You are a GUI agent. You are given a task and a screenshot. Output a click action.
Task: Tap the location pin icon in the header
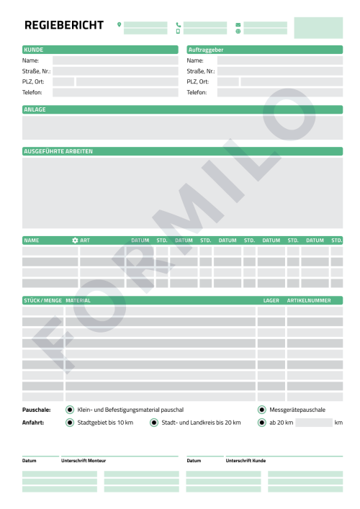click(x=120, y=24)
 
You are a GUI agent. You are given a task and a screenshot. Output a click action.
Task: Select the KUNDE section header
click(x=34, y=50)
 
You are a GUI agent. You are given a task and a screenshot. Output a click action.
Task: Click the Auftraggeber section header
click(x=205, y=50)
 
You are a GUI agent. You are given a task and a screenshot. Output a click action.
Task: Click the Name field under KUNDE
click(x=114, y=60)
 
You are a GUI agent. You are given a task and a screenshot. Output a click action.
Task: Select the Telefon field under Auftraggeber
click(x=280, y=93)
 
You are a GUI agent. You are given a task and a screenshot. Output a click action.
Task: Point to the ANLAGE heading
click(x=35, y=109)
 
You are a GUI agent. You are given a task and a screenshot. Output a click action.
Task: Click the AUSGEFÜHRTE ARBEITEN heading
click(x=58, y=151)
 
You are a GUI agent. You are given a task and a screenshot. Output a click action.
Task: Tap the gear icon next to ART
click(x=75, y=240)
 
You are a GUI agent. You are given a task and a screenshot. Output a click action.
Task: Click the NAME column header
click(x=32, y=240)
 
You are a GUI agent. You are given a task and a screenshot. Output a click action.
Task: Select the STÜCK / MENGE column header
click(x=42, y=299)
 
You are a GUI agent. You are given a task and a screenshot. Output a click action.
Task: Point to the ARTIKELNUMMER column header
click(x=309, y=299)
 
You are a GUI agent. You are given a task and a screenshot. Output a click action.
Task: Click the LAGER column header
click(x=271, y=299)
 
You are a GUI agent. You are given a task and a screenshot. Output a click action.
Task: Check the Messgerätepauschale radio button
click(x=262, y=410)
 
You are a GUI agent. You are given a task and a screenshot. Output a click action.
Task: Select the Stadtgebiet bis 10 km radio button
click(x=70, y=423)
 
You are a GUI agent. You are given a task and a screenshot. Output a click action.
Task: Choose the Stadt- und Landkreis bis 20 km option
click(x=154, y=423)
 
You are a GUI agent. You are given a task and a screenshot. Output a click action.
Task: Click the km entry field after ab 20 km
click(x=313, y=423)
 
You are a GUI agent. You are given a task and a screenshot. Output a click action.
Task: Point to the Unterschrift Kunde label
click(x=246, y=460)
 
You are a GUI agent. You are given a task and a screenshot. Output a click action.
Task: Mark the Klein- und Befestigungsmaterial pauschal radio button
click(x=70, y=410)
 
